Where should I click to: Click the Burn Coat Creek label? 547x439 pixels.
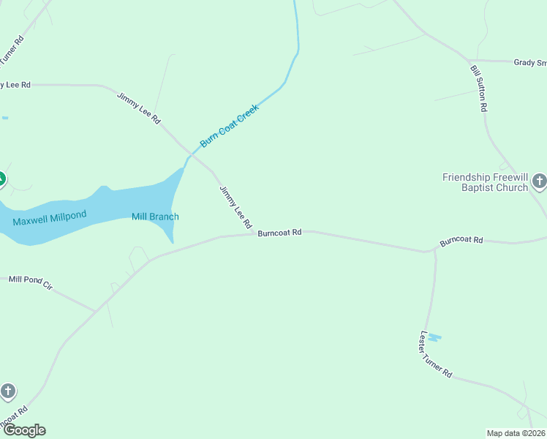click(x=230, y=125)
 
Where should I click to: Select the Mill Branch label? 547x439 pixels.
click(x=155, y=217)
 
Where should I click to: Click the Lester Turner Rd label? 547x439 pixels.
click(x=436, y=355)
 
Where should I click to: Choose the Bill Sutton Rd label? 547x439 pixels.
click(x=479, y=87)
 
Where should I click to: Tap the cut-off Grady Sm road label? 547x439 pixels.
click(x=529, y=64)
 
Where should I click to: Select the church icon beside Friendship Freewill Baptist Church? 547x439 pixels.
click(x=540, y=180)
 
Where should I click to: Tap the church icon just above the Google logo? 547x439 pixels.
click(x=8, y=391)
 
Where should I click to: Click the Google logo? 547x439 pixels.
click(x=24, y=430)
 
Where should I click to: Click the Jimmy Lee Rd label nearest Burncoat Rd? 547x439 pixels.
click(x=236, y=206)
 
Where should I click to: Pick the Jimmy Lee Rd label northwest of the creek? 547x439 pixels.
click(x=138, y=108)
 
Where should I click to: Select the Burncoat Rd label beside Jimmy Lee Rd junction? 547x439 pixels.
click(x=279, y=233)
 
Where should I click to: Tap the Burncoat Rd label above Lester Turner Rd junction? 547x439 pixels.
click(x=461, y=240)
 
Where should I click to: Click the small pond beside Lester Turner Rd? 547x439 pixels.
click(x=434, y=337)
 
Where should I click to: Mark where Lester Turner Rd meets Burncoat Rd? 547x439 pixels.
click(x=434, y=251)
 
